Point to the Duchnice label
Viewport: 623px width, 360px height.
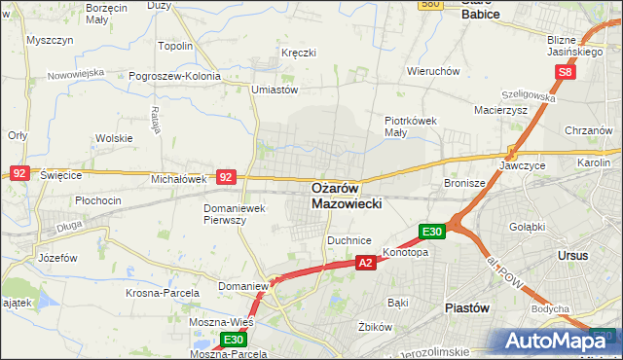pyautogui.click(x=350, y=238)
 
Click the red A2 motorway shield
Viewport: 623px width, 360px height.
pyautogui.click(x=365, y=263)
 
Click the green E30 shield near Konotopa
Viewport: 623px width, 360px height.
pyautogui.click(x=432, y=232)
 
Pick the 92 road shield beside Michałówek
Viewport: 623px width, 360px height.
pyautogui.click(x=226, y=177)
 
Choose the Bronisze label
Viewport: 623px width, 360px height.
pyautogui.click(x=464, y=183)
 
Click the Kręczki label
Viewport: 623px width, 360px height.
pyautogui.click(x=298, y=52)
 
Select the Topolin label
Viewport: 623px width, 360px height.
pyautogui.click(x=175, y=46)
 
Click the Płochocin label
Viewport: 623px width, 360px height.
pyautogui.click(x=97, y=200)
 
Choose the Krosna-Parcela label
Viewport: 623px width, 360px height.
pyautogui.click(x=163, y=292)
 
